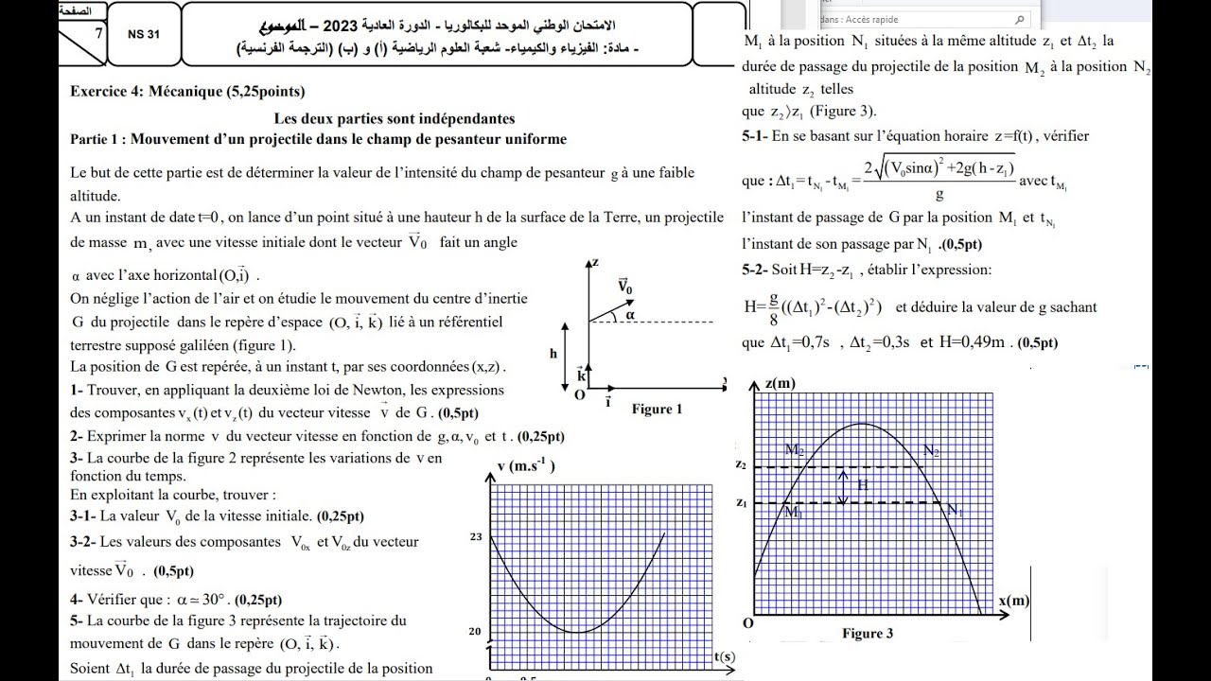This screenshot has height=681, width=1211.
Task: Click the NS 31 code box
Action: pyautogui.click(x=144, y=34)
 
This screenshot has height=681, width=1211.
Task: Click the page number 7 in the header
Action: pyautogui.click(x=98, y=33)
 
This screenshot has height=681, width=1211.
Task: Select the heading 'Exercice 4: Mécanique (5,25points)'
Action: pyautogui.click(x=187, y=92)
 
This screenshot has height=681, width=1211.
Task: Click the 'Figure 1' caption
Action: pyautogui.click(x=657, y=409)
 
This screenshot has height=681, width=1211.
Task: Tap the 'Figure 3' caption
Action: pyautogui.click(x=867, y=634)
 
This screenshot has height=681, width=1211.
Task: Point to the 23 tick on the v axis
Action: pyautogui.click(x=476, y=536)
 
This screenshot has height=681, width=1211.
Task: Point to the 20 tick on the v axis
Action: pyautogui.click(x=476, y=632)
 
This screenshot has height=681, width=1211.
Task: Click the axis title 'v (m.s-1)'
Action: pyautogui.click(x=525, y=465)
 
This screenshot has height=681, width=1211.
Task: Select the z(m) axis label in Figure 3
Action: pyautogui.click(x=781, y=383)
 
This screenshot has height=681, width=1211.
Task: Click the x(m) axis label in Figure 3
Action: pyautogui.click(x=1014, y=601)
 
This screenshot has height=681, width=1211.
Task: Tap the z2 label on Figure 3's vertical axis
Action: pyautogui.click(x=741, y=466)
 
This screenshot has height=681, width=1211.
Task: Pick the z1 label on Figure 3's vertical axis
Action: pyautogui.click(x=741, y=502)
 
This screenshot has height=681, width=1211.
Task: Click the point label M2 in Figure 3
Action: pyautogui.click(x=794, y=451)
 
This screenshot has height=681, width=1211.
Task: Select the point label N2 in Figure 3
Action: pyautogui.click(x=931, y=451)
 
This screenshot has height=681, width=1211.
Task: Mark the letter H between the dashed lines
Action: pyautogui.click(x=861, y=484)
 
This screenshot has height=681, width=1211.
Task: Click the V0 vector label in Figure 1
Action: pyautogui.click(x=624, y=285)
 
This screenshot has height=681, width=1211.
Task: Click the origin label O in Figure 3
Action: pyautogui.click(x=747, y=623)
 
